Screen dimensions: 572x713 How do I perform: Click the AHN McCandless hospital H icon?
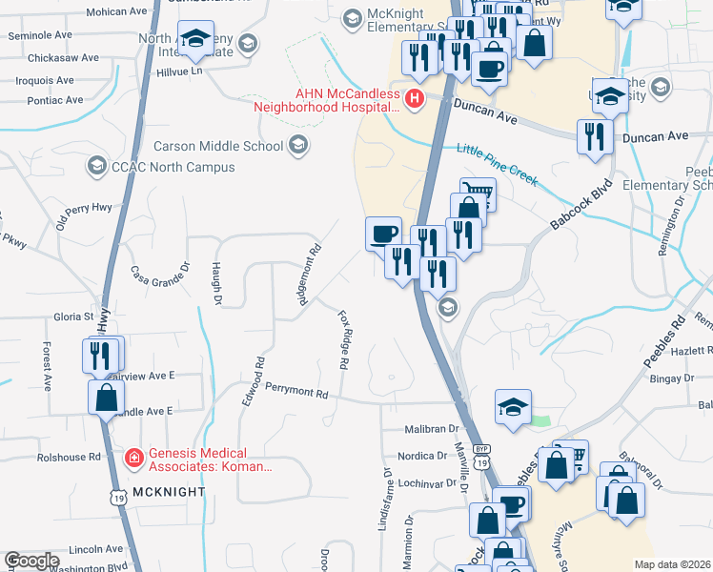(415, 98)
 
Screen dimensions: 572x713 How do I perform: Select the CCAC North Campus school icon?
(96, 167)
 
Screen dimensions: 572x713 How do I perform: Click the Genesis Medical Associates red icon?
(135, 459)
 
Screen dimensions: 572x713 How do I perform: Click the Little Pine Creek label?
(497, 165)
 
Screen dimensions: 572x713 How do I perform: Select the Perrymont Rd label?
(296, 391)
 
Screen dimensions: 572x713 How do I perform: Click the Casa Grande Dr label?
(160, 280)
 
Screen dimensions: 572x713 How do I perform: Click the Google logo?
(31, 561)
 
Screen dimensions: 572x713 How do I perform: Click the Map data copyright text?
(671, 564)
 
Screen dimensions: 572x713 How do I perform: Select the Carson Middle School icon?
(297, 146)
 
